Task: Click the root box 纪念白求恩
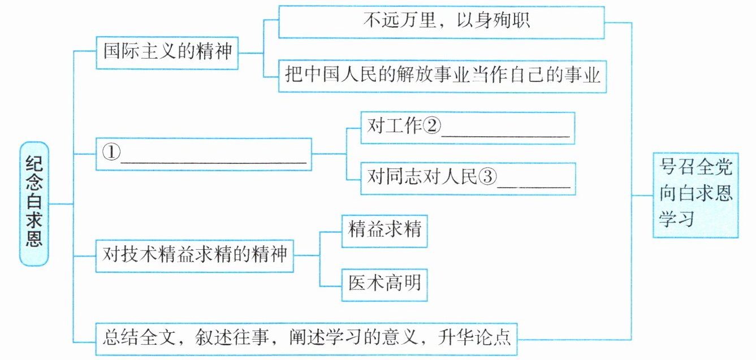33,203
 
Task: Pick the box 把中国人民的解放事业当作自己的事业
442,75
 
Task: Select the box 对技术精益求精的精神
195,254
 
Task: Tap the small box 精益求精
385,231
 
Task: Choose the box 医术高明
385,282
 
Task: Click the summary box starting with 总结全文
307,338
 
